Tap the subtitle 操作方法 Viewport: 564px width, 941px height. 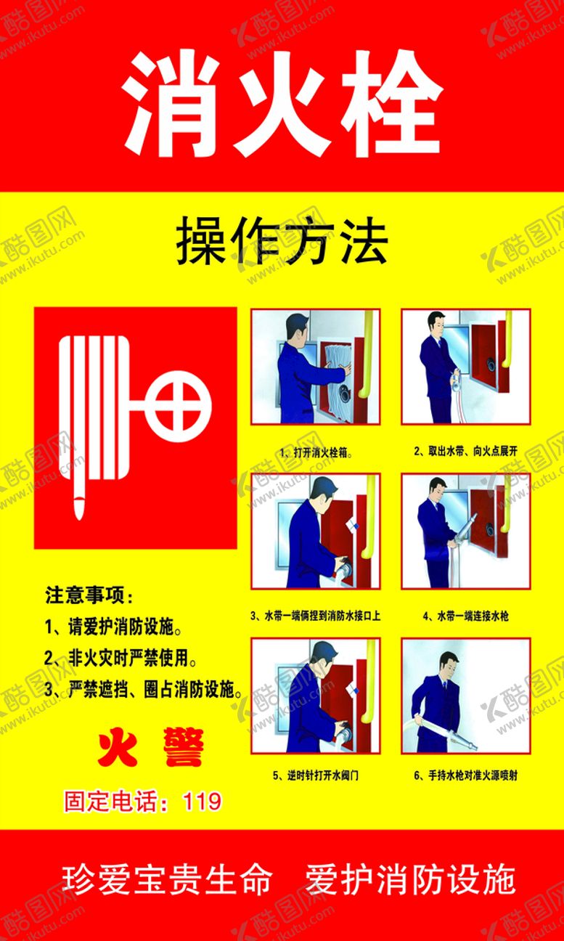pyautogui.click(x=282, y=241)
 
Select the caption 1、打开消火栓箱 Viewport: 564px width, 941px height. pyautogui.click(x=316, y=453)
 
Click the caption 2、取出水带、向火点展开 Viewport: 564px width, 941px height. pyautogui.click(x=465, y=451)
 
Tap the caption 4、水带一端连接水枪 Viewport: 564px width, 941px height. pyautogui.click(x=466, y=616)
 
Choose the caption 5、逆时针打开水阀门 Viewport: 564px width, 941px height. pyautogui.click(x=316, y=775)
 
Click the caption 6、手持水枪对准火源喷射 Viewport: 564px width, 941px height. pyautogui.click(x=466, y=775)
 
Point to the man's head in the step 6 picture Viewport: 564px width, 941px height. pyautogui.click(x=448, y=667)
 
